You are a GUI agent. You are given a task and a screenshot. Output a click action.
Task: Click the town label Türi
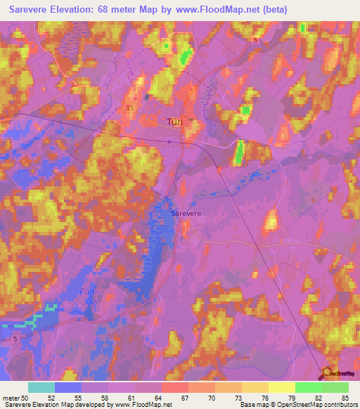pos(174,122)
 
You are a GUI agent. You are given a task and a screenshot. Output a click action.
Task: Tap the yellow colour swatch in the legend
pos(282,387)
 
